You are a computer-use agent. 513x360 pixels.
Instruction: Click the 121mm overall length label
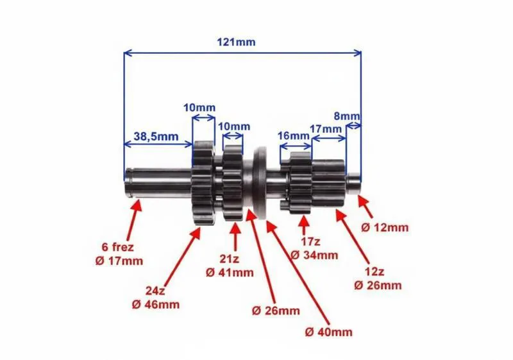tap(236, 42)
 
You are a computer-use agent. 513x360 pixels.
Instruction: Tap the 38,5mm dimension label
tap(156, 136)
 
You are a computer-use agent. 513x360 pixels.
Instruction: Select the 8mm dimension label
tap(346, 116)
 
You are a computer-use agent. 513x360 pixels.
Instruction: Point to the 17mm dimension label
tap(326, 129)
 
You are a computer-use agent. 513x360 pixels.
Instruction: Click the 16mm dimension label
tap(294, 135)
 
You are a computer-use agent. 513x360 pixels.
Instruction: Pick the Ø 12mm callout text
tap(385, 227)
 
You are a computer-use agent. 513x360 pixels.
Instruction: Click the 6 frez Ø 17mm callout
tap(119, 254)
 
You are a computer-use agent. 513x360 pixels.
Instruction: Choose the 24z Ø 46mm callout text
tap(156, 298)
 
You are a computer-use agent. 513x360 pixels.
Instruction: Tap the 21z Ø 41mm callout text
tap(230, 266)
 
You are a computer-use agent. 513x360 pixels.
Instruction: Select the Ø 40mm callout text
tap(328, 332)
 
